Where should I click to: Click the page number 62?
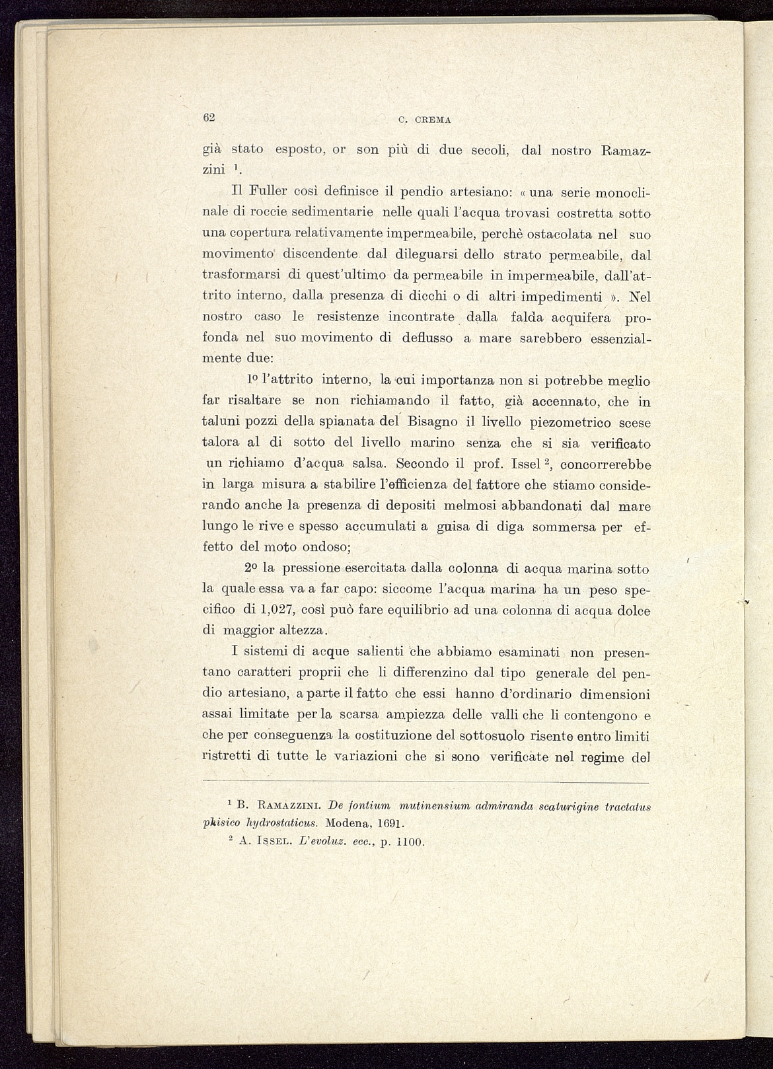(x=209, y=118)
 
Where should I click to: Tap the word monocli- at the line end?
(x=623, y=193)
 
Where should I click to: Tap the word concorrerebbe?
(x=605, y=464)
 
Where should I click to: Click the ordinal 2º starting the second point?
(x=250, y=568)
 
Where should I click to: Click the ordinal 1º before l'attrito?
(x=252, y=381)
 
